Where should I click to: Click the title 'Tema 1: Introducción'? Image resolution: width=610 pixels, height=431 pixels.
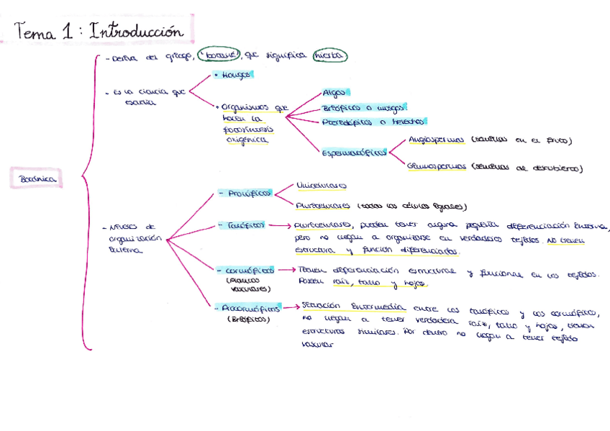(99, 32)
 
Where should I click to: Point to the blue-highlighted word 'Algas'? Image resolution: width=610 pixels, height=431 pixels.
(334, 93)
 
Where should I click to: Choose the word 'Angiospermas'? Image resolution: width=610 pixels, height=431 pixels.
(437, 140)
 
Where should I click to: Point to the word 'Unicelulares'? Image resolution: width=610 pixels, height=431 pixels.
(321, 186)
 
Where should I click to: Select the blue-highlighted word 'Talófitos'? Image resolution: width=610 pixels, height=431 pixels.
(246, 224)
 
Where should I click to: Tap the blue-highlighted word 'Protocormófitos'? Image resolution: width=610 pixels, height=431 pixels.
(250, 307)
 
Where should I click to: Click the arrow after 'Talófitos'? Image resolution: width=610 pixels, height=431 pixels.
(279, 225)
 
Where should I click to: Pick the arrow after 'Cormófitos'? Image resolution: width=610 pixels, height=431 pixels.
(286, 271)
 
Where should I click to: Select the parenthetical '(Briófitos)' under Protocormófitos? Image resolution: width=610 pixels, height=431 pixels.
(248, 319)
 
